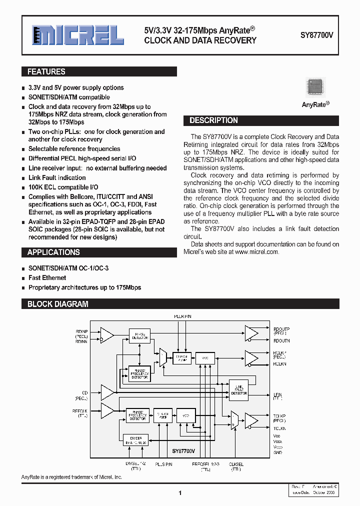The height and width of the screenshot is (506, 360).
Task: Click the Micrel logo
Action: [77, 35]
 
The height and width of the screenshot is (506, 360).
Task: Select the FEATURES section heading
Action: [46, 72]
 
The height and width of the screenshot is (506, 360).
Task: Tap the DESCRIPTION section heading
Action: [213, 120]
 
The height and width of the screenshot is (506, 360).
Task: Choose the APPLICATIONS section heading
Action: [53, 252]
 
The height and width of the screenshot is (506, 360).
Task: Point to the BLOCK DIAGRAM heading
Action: [57, 304]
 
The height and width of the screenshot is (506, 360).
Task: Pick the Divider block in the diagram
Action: [136, 439]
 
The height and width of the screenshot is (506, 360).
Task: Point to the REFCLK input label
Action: [80, 410]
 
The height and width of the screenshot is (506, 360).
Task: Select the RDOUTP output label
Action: [281, 329]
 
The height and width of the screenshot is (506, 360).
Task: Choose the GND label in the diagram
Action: [277, 452]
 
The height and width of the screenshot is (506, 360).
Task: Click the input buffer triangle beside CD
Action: [107, 392]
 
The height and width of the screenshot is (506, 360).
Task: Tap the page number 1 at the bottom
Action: [179, 493]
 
